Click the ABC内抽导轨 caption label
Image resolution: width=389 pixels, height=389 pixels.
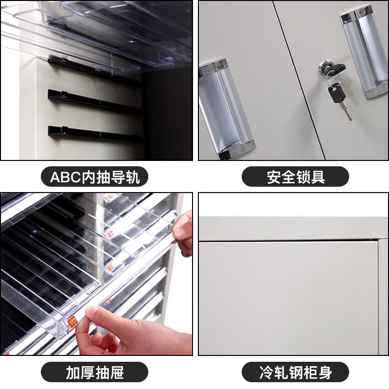coord(95,177)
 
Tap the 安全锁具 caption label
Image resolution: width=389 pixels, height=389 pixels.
coord(295,177)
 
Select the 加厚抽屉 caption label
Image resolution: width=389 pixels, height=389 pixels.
coord(95,373)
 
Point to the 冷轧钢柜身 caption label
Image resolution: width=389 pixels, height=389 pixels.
coord(295,373)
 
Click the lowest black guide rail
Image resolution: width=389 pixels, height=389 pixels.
coord(92,134)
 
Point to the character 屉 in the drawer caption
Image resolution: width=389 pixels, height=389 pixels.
coord(117,373)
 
